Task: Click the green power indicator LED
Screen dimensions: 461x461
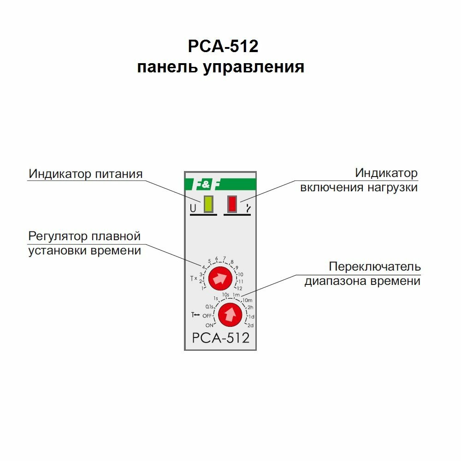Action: click(208, 204)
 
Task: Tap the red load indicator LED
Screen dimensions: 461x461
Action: click(232, 204)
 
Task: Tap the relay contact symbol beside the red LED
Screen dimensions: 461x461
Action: click(248, 208)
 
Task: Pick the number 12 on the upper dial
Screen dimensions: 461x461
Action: click(239, 289)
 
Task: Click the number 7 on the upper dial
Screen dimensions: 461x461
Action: click(225, 258)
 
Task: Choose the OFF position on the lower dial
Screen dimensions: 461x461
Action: click(207, 316)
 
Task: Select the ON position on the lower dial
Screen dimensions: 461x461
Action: click(209, 325)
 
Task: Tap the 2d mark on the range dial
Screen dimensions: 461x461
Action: click(251, 325)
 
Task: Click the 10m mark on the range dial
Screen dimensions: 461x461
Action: click(247, 301)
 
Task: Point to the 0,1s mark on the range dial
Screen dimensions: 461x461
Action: click(210, 306)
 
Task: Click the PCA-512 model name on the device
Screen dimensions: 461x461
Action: click(220, 338)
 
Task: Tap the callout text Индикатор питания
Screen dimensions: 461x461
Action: click(86, 174)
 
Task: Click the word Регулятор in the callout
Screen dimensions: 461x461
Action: click(58, 236)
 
